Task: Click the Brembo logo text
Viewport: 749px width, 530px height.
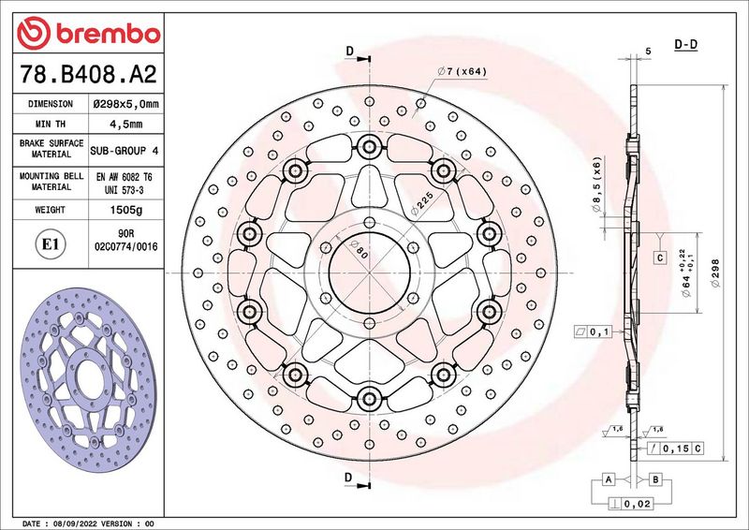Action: [x=108, y=34]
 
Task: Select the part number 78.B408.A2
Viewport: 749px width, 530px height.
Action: [x=88, y=74]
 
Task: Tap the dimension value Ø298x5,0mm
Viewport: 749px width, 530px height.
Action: [x=126, y=104]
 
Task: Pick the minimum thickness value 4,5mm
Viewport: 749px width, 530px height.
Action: [x=126, y=125]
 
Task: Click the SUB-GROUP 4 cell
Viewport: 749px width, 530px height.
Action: [x=125, y=151]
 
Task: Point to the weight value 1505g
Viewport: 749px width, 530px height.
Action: [x=126, y=210]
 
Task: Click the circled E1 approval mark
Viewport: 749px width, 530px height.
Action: [x=51, y=244]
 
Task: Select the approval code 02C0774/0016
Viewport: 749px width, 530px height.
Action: [x=126, y=247]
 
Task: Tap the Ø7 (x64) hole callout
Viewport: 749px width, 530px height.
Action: [x=462, y=72]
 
